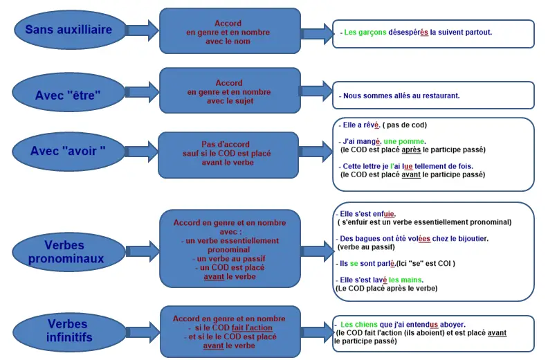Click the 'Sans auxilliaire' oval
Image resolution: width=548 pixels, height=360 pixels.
70,30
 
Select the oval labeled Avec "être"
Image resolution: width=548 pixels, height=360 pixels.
68,93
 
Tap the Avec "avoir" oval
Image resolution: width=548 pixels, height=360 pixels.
68,152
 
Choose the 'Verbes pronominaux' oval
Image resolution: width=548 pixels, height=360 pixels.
68,251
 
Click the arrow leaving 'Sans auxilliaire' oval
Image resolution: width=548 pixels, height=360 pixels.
142,30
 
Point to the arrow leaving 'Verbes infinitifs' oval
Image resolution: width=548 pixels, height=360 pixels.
143,332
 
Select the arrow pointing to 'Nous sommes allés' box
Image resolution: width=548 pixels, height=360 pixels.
316,91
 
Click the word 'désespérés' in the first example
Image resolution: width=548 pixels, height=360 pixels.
408,32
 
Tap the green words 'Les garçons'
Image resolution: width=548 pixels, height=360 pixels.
365,33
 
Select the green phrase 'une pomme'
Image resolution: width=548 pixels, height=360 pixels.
403,142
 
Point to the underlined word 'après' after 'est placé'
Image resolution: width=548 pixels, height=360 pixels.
411,150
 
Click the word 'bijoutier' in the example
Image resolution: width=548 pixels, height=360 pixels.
472,239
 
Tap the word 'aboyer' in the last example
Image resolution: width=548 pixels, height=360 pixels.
452,325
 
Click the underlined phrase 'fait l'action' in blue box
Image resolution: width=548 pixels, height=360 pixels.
252,328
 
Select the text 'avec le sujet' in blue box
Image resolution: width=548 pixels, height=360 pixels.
230,101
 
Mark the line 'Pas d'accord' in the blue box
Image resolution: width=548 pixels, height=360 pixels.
226,144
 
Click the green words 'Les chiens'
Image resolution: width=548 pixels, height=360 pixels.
359,325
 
